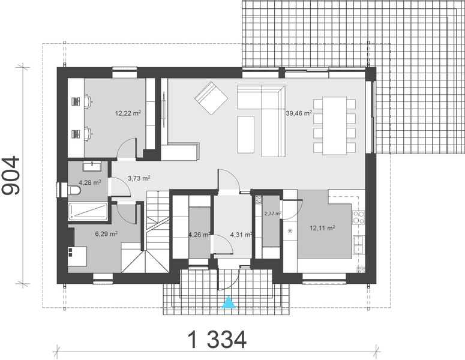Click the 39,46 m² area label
(299, 112)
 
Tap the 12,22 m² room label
(128, 112)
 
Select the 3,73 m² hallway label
(139, 178)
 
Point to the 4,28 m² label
(89, 182)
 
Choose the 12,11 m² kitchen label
(322, 228)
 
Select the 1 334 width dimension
(217, 340)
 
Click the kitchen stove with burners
(359, 215)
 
